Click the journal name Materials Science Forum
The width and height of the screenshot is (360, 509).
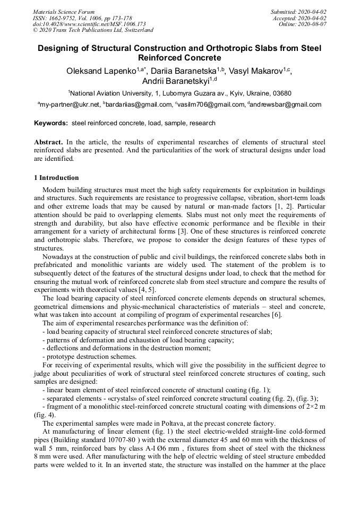(64, 11)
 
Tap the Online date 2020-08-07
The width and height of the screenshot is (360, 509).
(312, 24)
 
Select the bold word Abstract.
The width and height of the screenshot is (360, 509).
(48, 143)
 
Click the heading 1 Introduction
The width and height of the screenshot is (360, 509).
(56, 178)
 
